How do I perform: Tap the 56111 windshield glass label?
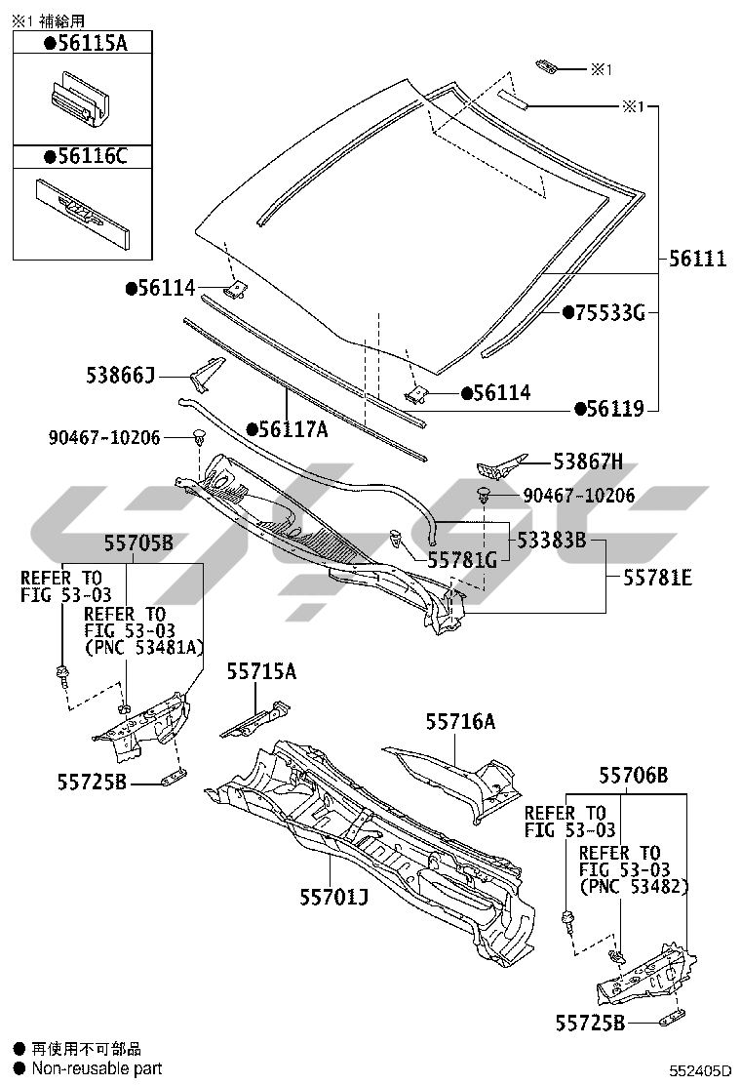pyautogui.click(x=697, y=259)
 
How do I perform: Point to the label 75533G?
pyautogui.click(x=608, y=312)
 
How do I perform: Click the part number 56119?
pyautogui.click(x=615, y=409)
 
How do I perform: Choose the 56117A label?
pyautogui.click(x=293, y=428)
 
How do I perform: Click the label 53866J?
pyautogui.click(x=120, y=376)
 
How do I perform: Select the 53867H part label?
pyautogui.click(x=588, y=461)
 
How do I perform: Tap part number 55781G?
pyautogui.click(x=461, y=559)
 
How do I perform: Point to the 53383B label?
pyautogui.click(x=552, y=540)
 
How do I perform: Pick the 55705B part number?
pyautogui.click(x=139, y=542)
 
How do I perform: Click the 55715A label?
pyautogui.click(x=261, y=671)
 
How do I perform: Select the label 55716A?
pyautogui.click(x=460, y=721)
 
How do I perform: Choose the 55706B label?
pyautogui.click(x=634, y=776)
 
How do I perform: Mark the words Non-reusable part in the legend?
pyautogui.click(x=97, y=1068)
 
